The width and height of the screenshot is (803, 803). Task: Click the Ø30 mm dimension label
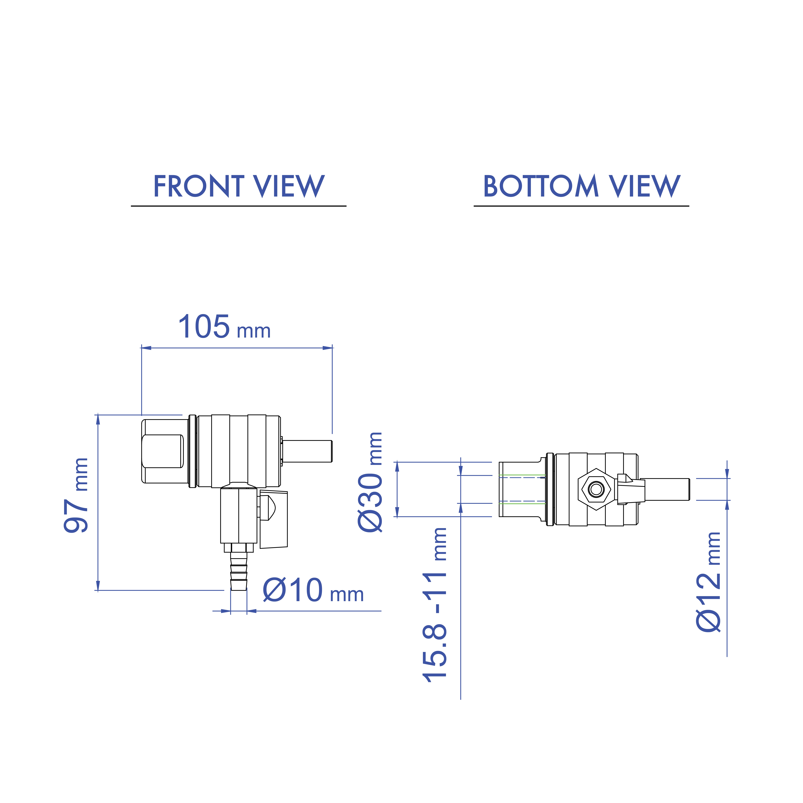coord(370,482)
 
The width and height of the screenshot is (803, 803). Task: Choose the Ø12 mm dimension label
coord(709,582)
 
